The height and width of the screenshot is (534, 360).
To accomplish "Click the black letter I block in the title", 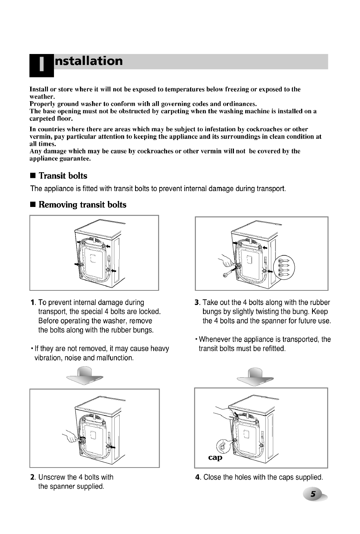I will point(42,65).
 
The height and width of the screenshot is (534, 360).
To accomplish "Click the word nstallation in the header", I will point(89,61).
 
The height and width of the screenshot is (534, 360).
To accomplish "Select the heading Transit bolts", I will point(63,176).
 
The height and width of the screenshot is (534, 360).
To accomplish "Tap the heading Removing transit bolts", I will point(82,205).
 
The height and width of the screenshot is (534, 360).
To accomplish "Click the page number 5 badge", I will point(314,494).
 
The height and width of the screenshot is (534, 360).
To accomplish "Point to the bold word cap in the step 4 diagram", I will point(215,457).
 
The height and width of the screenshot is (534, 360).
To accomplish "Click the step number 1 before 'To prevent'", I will point(33,302).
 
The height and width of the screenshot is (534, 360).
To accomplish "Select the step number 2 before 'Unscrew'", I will point(32,477).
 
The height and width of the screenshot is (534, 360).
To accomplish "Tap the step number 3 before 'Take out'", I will point(197,302).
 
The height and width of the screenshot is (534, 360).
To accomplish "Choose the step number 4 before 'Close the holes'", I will point(197,477).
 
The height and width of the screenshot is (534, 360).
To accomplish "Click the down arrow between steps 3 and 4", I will point(255,377).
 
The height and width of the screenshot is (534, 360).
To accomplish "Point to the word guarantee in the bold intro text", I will point(75,158).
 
